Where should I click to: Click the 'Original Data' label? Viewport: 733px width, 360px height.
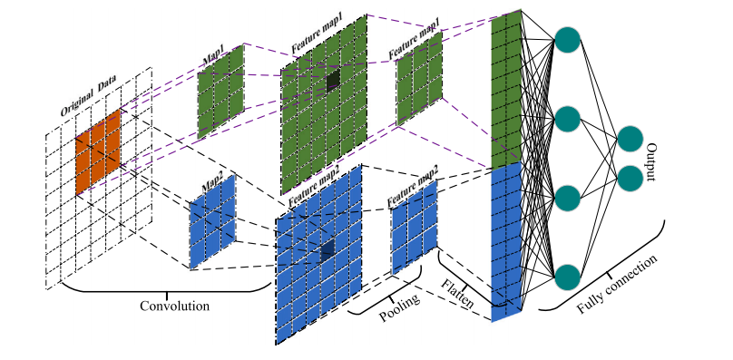coord(88,96)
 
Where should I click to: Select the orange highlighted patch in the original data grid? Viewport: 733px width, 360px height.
coord(98,152)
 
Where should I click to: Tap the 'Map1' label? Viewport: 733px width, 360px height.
coord(214,55)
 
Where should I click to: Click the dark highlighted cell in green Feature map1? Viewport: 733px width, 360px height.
coord(333,79)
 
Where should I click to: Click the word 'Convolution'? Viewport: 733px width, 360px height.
coord(175,306)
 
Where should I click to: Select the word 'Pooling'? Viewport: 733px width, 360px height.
coord(399,307)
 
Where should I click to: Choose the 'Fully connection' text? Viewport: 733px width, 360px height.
coord(617,284)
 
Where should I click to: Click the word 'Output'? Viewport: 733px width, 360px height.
coord(650,162)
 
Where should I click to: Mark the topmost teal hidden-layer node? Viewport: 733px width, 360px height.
coord(568,40)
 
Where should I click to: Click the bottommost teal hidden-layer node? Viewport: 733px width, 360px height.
coord(568,277)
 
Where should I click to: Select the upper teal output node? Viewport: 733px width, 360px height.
coord(630,139)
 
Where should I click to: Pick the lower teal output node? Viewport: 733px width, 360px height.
coord(630,178)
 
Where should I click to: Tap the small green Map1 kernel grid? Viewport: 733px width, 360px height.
coord(220,92)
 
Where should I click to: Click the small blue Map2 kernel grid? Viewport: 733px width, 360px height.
coord(212,222)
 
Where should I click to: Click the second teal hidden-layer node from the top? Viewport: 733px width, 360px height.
coord(568,119)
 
